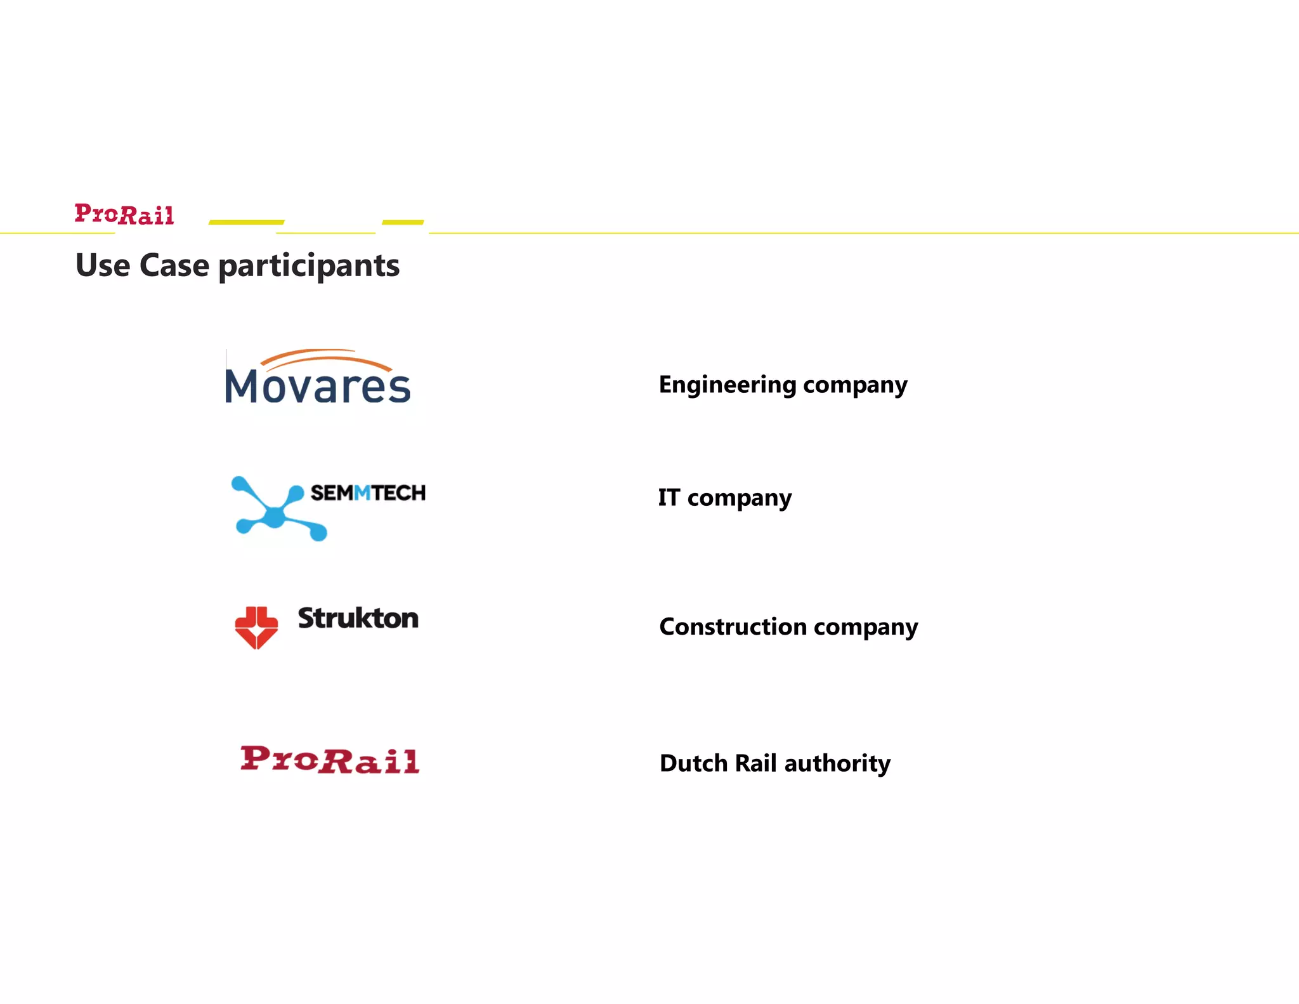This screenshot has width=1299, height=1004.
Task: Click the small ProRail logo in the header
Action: coord(124,215)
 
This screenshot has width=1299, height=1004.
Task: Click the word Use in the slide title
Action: coord(103,265)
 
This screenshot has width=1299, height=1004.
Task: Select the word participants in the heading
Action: coord(309,267)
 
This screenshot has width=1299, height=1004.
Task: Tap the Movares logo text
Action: coord(318,386)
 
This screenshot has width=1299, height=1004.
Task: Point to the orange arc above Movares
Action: coord(325,357)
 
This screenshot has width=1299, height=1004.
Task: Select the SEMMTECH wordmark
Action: coord(368,493)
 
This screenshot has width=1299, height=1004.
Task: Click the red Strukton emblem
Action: coord(256,627)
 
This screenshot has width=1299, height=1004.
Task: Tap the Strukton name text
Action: coord(358,618)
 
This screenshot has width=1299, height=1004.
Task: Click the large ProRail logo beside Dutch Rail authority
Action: coord(330,760)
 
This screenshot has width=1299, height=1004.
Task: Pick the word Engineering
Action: coord(728,385)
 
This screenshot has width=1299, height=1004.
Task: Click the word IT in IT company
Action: coord(669,498)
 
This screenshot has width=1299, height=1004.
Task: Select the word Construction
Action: coord(732,627)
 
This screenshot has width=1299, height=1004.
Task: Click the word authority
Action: coord(837,763)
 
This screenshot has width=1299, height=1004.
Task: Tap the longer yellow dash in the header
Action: coord(246,222)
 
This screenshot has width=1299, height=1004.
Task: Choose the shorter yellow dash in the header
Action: coord(403,222)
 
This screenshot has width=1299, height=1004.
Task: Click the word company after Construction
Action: coord(866,628)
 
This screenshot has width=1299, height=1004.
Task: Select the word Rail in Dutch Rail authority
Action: coord(755,763)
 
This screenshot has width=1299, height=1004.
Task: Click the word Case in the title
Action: coord(174,265)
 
